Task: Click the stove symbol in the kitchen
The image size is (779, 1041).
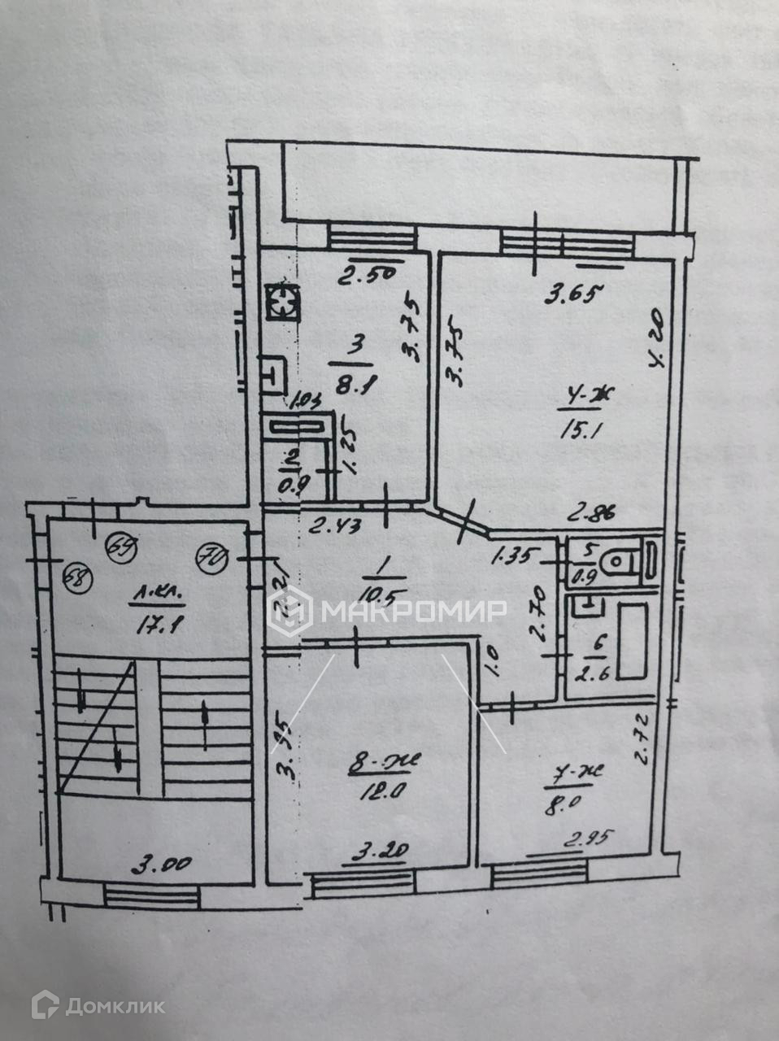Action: click(x=281, y=304)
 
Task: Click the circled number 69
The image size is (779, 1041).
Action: click(x=120, y=544)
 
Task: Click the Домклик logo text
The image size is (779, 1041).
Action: click(x=115, y=1006)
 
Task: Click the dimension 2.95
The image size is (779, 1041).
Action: click(x=583, y=839)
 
